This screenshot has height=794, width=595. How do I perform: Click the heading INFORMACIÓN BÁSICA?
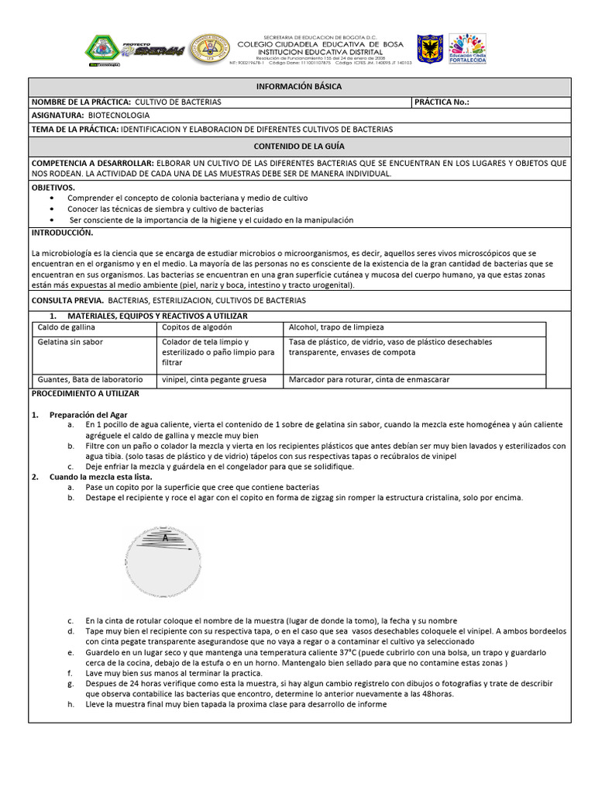[x=298, y=87]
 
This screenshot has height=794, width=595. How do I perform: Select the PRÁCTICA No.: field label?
[x=442, y=102]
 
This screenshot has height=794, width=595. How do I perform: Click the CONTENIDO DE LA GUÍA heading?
[x=298, y=146]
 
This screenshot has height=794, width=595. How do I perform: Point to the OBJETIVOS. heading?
[x=53, y=188]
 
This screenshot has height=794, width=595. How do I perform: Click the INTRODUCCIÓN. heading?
[x=62, y=233]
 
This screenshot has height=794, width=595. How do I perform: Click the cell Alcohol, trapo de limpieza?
[x=336, y=328]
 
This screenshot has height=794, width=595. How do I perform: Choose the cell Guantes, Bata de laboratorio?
[x=91, y=380]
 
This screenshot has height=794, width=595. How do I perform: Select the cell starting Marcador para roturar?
[x=369, y=380]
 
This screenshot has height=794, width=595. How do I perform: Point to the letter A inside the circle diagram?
[x=165, y=537]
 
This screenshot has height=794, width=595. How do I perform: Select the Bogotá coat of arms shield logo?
[x=430, y=48]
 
